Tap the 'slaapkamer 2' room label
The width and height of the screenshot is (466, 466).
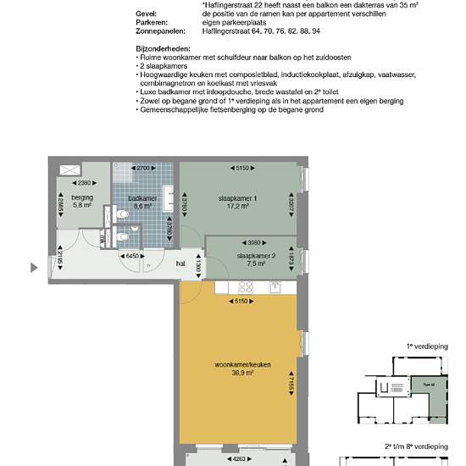tap(257, 255)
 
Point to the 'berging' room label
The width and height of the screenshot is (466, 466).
tap(82, 197)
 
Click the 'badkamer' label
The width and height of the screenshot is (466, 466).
tap(140, 197)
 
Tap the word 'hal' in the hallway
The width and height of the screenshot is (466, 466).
tap(180, 263)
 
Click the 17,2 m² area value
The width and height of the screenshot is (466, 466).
tap(237, 206)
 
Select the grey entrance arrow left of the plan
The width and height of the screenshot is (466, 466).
tap(34, 269)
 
